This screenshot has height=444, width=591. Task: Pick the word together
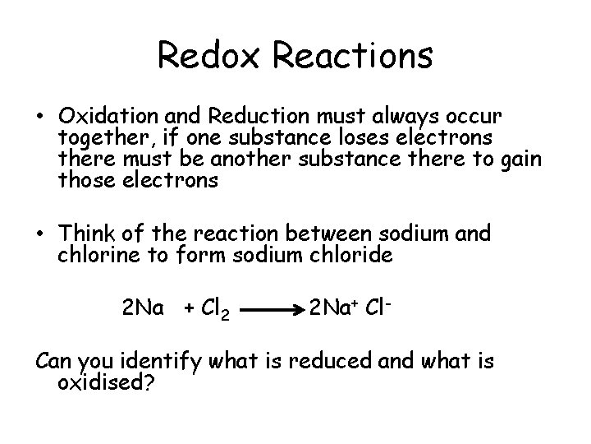(99, 135)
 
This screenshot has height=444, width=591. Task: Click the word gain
(521, 158)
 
